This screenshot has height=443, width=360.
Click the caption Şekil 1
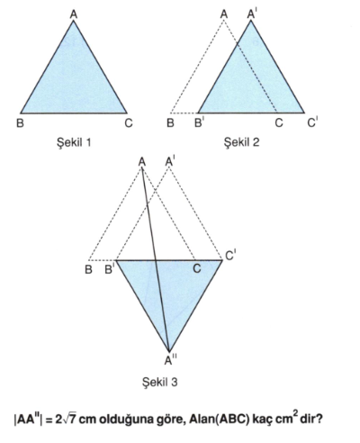click(x=74, y=142)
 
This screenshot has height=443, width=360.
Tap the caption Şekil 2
click(x=241, y=142)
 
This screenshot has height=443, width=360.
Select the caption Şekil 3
click(x=160, y=382)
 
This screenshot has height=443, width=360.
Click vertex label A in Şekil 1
click(x=74, y=14)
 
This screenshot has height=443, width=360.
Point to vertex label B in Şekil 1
click(x=20, y=123)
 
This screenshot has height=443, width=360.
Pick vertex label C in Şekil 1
click(x=129, y=123)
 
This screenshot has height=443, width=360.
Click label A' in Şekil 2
click(x=251, y=14)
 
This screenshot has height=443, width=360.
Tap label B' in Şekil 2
click(x=199, y=122)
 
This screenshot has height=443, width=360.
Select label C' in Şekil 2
click(x=312, y=122)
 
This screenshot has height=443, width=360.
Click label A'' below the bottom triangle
click(x=170, y=359)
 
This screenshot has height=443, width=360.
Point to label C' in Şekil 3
click(x=230, y=256)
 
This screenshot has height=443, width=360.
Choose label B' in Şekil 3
click(x=109, y=269)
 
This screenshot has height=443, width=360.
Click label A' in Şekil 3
click(x=170, y=161)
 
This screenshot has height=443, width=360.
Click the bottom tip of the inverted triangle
click(x=169, y=352)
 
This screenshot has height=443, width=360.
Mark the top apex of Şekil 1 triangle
click(x=74, y=21)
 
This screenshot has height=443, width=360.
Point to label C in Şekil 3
click(x=197, y=268)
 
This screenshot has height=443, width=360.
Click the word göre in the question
click(x=169, y=420)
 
